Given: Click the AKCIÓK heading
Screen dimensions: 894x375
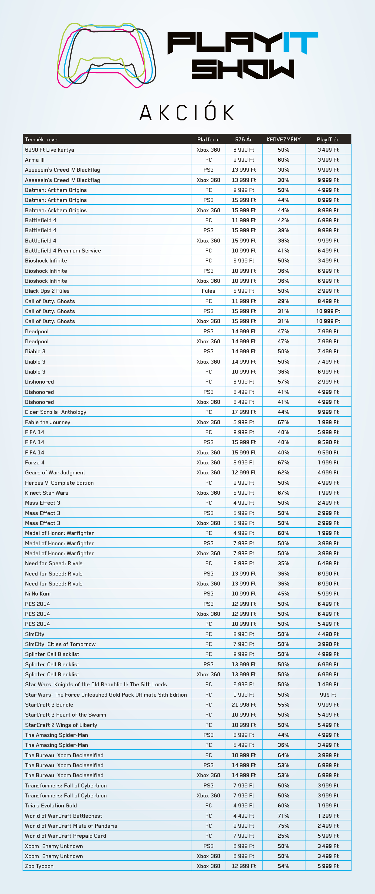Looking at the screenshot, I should pyautogui.click(x=187, y=113).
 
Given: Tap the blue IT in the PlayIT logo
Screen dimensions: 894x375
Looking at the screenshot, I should pyautogui.click(x=300, y=42).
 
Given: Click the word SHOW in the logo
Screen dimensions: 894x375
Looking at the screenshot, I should pyautogui.click(x=243, y=69).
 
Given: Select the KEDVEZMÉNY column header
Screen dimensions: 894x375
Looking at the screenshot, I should pyautogui.click(x=283, y=140).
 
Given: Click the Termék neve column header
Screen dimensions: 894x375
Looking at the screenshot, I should pyautogui.click(x=41, y=140).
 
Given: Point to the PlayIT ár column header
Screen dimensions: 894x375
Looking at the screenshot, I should pyautogui.click(x=328, y=140).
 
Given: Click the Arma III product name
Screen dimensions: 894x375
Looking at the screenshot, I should pyautogui.click(x=35, y=160).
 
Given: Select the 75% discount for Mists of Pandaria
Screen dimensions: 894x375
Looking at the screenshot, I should pyautogui.click(x=283, y=826).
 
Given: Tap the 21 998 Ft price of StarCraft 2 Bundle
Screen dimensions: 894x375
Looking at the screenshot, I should pyautogui.click(x=244, y=704).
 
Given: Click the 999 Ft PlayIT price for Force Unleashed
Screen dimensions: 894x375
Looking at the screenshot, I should pyautogui.click(x=328, y=694).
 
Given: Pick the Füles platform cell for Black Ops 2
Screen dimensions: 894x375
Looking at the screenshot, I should pyautogui.click(x=208, y=291).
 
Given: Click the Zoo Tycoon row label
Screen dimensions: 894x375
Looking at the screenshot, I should pyautogui.click(x=39, y=866).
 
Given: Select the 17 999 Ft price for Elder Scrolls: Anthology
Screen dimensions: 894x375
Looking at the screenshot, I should pyautogui.click(x=244, y=412).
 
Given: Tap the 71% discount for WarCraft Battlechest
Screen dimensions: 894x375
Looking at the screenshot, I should pyautogui.click(x=283, y=816).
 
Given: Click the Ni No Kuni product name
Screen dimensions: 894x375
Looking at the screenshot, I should pyautogui.click(x=38, y=593).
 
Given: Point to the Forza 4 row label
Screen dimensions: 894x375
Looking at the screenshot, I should pyautogui.click(x=35, y=462).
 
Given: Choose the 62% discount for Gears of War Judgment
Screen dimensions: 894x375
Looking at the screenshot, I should pyautogui.click(x=283, y=472).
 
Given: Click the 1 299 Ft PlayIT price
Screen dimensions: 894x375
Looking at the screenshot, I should pyautogui.click(x=328, y=816).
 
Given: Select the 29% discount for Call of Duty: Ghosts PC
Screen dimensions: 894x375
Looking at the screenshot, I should pyautogui.click(x=283, y=301).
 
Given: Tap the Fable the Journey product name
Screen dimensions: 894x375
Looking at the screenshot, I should pyautogui.click(x=47, y=422).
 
